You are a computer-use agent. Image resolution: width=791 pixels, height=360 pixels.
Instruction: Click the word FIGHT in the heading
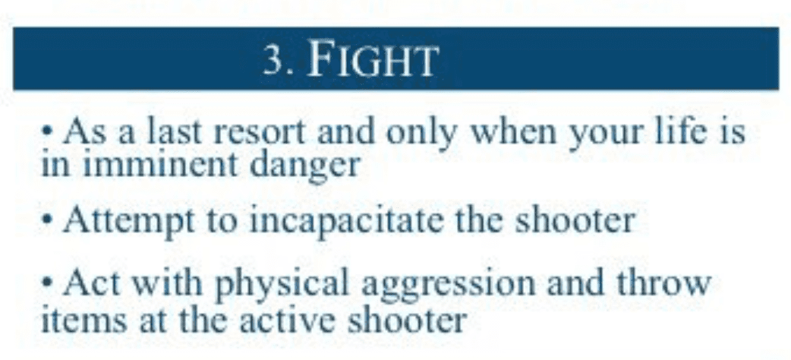click(371, 60)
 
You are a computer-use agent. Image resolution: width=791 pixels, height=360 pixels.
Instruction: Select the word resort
click(260, 132)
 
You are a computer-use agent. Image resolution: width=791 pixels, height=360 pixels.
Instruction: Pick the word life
click(681, 131)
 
